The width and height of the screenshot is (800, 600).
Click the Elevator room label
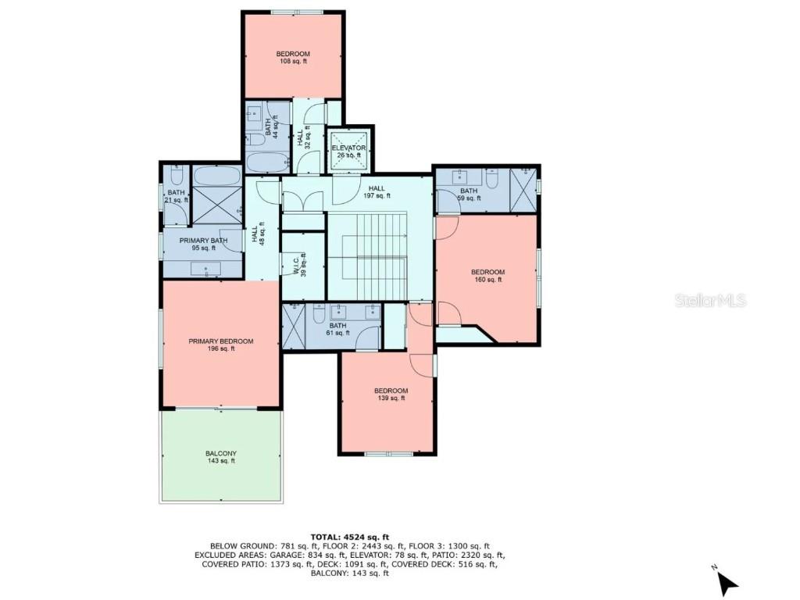[x=348, y=151]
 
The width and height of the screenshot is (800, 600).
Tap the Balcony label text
[x=221, y=457]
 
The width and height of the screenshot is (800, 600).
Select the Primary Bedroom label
[x=221, y=345]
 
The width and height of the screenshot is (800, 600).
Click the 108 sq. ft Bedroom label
[x=293, y=57]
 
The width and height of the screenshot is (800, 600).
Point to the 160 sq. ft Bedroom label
[x=487, y=276]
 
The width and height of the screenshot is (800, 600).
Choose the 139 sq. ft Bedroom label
[x=391, y=395]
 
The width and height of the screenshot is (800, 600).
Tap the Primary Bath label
[x=203, y=244]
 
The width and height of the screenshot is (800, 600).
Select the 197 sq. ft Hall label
[x=377, y=192]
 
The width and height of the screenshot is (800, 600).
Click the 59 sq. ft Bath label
[x=469, y=195]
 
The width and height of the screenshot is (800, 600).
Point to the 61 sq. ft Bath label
[x=337, y=329]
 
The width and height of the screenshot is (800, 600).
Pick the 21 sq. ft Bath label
[x=177, y=196]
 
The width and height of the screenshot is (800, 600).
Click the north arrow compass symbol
[x=727, y=582]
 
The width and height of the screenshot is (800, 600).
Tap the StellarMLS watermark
[x=710, y=301]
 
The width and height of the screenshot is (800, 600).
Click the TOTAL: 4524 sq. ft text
[x=349, y=537]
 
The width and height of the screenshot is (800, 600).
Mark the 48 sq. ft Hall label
[x=257, y=234]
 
